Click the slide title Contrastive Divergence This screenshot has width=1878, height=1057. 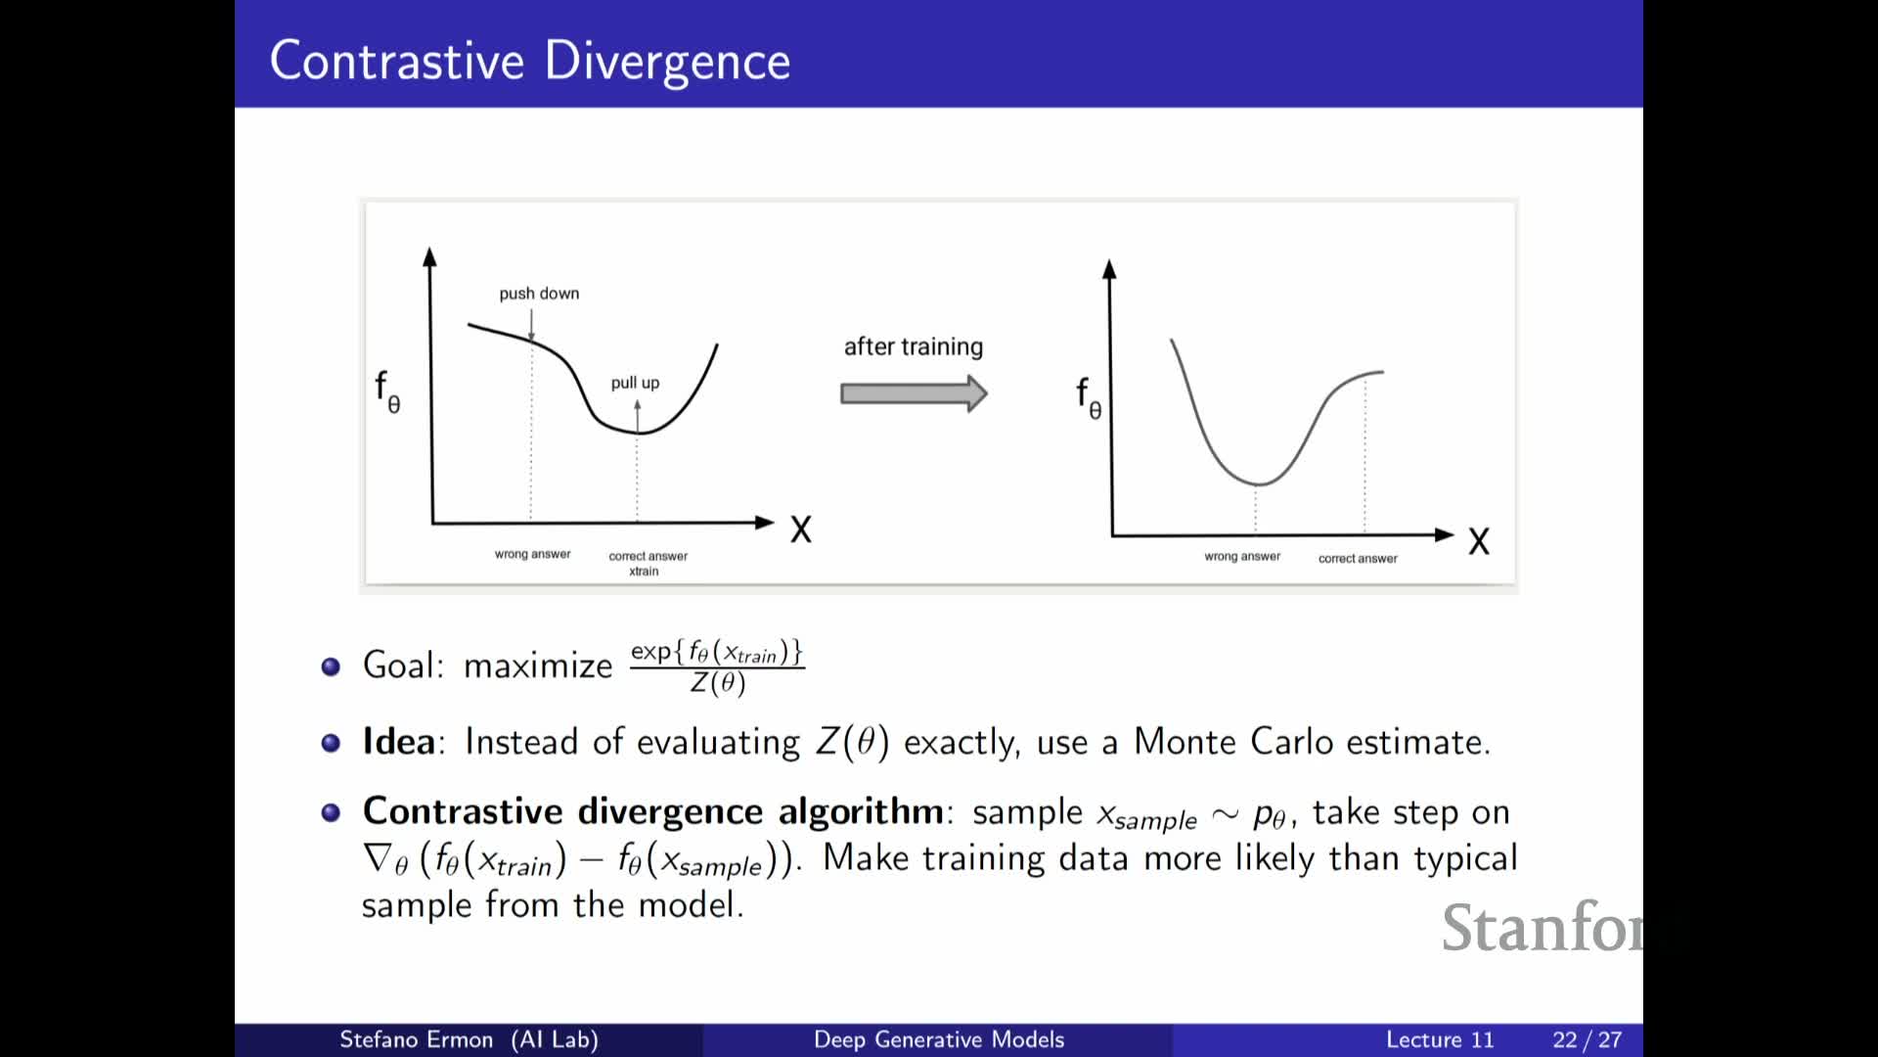click(x=529, y=62)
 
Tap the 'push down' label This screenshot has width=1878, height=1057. click(x=539, y=294)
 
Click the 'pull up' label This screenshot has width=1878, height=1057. click(x=635, y=383)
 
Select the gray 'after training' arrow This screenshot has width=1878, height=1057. click(x=914, y=393)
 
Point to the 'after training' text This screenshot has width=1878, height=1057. click(x=914, y=346)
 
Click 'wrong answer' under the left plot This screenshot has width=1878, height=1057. click(x=532, y=554)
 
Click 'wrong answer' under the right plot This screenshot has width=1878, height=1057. click(x=1242, y=556)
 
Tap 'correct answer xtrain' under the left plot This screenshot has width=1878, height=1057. click(x=648, y=563)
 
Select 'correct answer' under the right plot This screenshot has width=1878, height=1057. click(x=1358, y=558)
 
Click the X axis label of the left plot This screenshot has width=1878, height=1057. click(x=801, y=529)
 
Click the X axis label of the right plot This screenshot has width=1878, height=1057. click(x=1479, y=541)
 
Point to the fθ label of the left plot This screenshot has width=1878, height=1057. click(x=387, y=391)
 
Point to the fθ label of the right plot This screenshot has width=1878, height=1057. click(x=1089, y=398)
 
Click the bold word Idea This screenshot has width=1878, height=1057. click(x=398, y=742)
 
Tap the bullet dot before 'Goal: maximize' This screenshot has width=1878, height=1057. click(x=331, y=666)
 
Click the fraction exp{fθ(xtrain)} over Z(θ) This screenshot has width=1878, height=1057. click(x=717, y=667)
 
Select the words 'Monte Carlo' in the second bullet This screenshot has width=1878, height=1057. click(x=1232, y=742)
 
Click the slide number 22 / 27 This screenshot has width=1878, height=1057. click(x=1587, y=1039)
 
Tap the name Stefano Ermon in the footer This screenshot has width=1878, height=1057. click(x=416, y=1039)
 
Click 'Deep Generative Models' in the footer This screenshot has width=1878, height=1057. click(x=939, y=1039)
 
